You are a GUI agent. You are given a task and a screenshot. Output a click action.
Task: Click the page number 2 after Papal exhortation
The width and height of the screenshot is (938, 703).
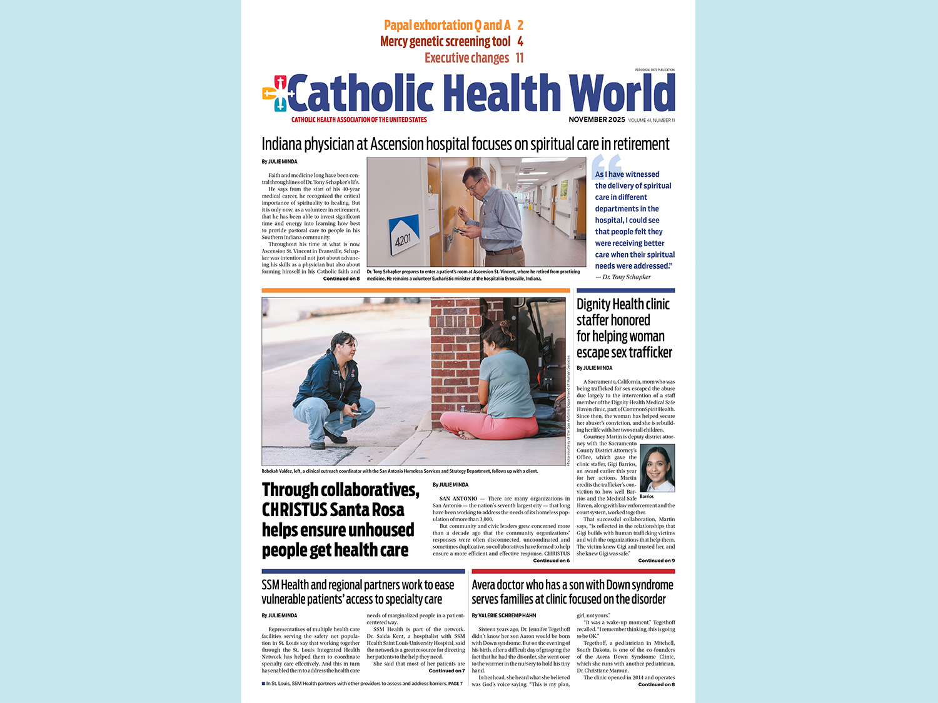[x=520, y=26]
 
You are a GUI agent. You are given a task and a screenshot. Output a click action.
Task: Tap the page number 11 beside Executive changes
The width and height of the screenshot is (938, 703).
[x=520, y=58]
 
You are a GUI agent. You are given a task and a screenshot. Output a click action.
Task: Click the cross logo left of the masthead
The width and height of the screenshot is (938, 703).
[x=275, y=93]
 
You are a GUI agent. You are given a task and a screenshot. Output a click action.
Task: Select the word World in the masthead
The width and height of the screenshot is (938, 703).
[x=622, y=93]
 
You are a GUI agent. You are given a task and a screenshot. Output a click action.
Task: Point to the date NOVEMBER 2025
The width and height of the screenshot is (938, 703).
[x=597, y=119]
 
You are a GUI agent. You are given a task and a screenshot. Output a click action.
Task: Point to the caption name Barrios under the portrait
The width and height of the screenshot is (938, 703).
[x=647, y=497]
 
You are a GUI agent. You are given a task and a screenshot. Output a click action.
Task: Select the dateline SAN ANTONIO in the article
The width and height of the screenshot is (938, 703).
[x=458, y=499]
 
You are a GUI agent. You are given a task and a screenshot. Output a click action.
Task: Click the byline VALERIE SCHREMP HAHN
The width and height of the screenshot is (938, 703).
[x=507, y=616]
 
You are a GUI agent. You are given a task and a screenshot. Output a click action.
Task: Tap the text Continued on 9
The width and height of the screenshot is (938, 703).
[x=656, y=561]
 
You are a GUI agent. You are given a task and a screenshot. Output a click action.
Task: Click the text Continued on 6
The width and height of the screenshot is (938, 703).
[x=551, y=561]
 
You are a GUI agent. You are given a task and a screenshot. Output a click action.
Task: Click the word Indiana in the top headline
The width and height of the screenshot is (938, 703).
[x=281, y=144]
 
